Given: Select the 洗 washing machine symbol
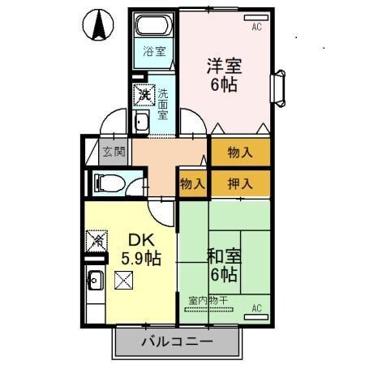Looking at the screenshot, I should (x=143, y=96).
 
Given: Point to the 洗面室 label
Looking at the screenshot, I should (x=163, y=104).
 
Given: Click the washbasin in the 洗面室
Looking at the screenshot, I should (x=142, y=122).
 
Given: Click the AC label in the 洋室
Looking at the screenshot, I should (x=256, y=27).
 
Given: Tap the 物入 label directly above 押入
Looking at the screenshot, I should (x=240, y=152).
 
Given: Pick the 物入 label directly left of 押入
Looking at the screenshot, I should (x=193, y=183).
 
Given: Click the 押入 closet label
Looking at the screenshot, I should (x=240, y=183).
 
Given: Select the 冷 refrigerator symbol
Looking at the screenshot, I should (x=96, y=241).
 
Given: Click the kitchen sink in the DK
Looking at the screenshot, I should (x=95, y=281).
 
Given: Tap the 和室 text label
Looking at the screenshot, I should (x=223, y=258).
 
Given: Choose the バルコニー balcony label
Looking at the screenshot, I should (x=177, y=341).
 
